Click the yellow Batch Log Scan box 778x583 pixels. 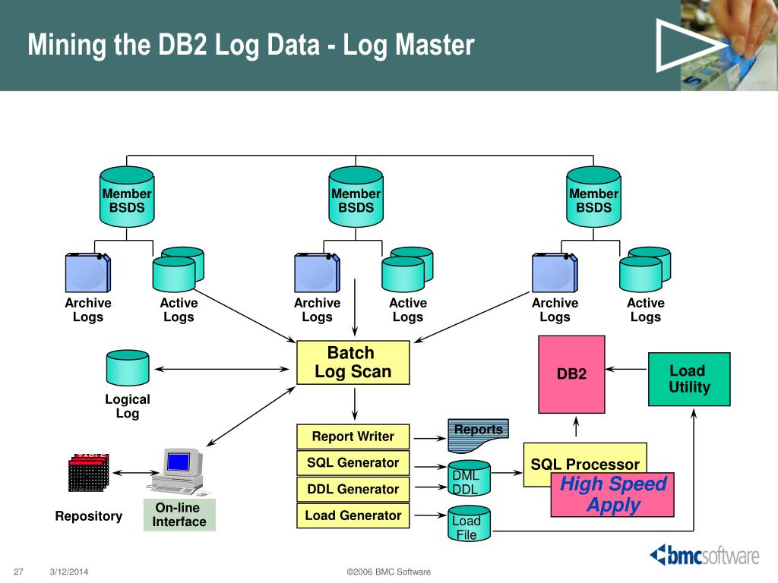pos(353,362)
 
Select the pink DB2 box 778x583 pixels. pos(571,374)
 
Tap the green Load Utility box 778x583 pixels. pos(689,380)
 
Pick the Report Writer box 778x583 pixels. pos(353,436)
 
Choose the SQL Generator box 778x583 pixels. pos(353,462)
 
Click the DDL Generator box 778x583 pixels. pos(353,490)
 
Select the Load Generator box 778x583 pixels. pos(353,515)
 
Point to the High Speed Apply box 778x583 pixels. pos(612,495)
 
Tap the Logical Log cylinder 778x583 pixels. pos(128,368)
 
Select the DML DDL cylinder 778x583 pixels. pos(469,478)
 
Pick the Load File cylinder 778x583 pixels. pos(469,524)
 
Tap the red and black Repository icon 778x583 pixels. pos(88,472)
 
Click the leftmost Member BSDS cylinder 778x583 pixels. pos(127,197)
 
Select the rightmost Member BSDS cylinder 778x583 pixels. pos(593,197)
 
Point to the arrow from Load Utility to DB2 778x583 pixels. pos(627,369)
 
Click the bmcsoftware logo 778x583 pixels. pos(704,555)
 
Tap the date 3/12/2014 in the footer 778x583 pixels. pos(69,572)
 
